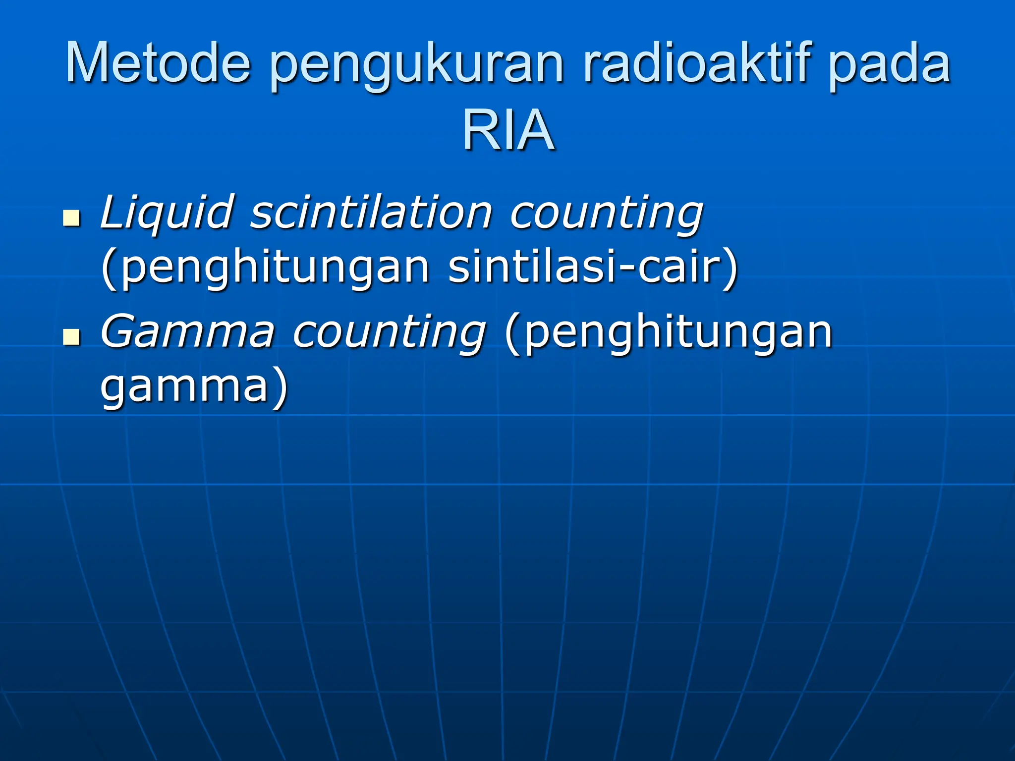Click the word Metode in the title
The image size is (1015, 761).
click(158, 63)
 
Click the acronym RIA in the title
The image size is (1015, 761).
click(508, 130)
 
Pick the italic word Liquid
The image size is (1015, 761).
click(166, 213)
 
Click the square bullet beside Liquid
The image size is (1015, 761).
click(72, 217)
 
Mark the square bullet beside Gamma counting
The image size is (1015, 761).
click(72, 336)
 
